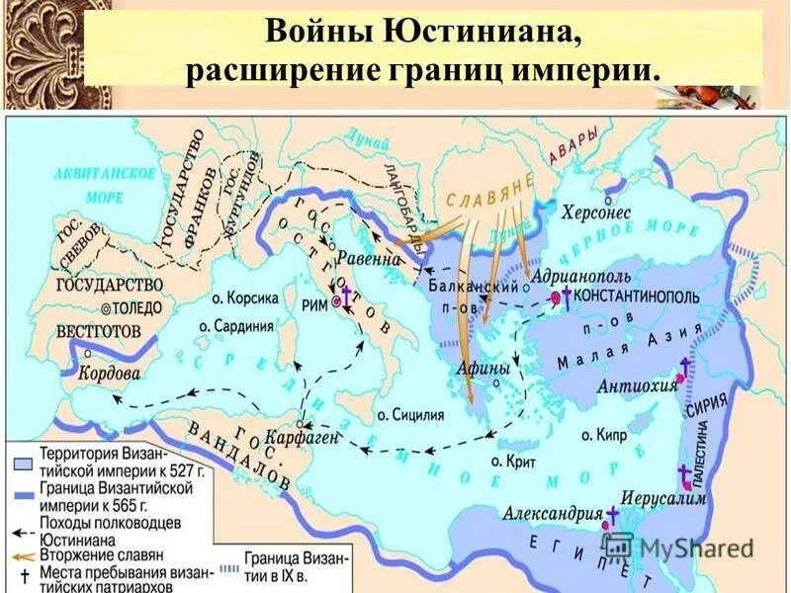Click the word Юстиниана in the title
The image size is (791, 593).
486,31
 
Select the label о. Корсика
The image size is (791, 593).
238,296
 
